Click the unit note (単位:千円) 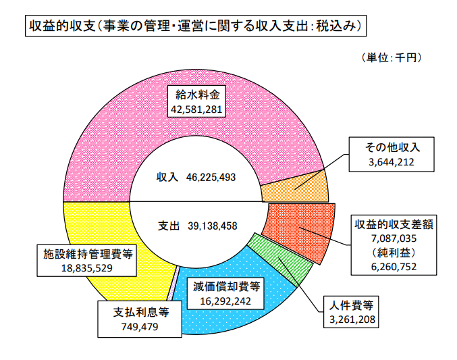tap(392, 58)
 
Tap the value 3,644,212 tap(391, 162)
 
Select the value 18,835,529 tap(87, 267)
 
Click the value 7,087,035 tap(392, 238)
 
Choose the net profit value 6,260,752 tap(392, 266)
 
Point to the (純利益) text tap(392, 252)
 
